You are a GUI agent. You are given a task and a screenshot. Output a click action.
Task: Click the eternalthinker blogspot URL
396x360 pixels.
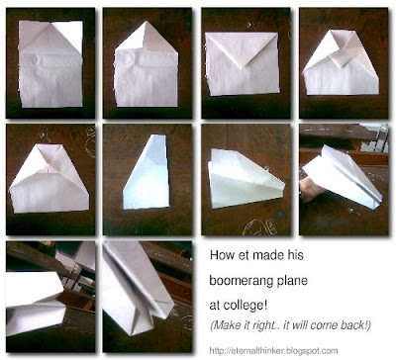(x=273, y=350)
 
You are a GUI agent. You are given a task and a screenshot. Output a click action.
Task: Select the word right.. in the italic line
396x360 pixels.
(x=262, y=325)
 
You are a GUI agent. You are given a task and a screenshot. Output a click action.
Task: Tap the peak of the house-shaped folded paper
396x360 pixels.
(x=146, y=23)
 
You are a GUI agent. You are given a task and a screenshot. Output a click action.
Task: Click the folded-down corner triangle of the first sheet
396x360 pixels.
(x=67, y=35)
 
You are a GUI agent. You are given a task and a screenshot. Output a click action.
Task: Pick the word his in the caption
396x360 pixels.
(x=295, y=255)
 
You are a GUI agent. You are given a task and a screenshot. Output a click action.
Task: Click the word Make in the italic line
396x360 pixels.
(x=226, y=325)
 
